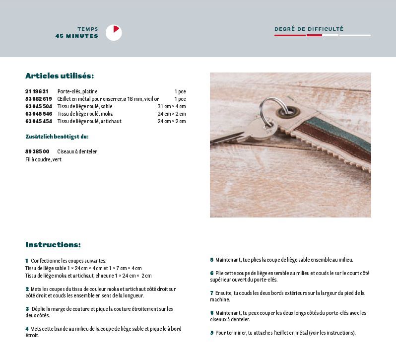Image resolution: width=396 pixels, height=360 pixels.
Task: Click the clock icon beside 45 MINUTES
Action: coord(114,32)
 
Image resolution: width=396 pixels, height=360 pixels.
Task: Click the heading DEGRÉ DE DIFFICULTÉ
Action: coord(309,29)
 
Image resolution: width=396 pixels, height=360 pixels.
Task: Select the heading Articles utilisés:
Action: coord(60,76)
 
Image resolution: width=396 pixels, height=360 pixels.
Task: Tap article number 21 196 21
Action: coord(37,91)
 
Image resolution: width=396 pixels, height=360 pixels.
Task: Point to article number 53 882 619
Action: coord(38,99)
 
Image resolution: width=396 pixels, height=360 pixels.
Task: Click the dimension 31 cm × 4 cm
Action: coord(171,106)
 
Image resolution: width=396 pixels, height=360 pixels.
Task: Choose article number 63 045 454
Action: coord(38,121)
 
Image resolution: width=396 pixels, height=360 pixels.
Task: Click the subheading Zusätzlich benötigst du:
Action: coord(57,137)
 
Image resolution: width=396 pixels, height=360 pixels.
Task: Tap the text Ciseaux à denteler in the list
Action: coord(77,151)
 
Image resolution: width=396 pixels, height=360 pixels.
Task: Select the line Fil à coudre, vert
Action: coord(43,159)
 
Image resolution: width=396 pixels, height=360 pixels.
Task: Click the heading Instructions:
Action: coord(53,245)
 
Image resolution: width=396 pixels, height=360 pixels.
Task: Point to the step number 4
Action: coord(27,329)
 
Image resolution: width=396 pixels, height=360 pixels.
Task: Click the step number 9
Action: coord(211,333)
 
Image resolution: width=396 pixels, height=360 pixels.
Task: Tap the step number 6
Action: coord(211,273)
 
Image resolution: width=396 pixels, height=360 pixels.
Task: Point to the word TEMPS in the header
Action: coord(87,29)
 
